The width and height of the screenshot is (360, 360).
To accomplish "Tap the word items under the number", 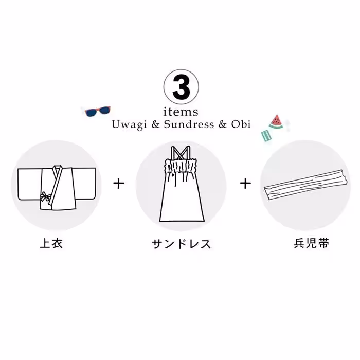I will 181,112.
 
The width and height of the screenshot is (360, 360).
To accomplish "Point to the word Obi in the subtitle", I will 240,125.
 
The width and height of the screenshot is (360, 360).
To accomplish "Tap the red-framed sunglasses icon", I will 97,111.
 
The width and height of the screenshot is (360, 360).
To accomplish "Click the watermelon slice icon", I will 276,122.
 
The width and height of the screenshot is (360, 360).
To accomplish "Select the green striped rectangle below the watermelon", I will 266,135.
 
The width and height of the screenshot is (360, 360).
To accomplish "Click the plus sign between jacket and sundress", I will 119,183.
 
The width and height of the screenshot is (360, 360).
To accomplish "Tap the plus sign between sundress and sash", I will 246,183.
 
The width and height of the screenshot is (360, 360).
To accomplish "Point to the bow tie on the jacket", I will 46,197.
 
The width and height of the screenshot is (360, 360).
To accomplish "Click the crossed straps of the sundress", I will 181,152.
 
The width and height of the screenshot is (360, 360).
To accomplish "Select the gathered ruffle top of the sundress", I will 181,166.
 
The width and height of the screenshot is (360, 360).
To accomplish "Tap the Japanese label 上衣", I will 51,243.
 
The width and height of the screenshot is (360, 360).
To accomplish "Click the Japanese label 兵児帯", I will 309,243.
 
